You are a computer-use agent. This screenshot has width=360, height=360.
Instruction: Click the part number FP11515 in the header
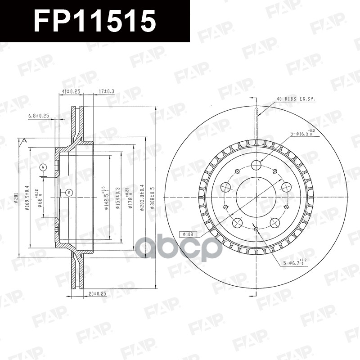[x=95, y=21]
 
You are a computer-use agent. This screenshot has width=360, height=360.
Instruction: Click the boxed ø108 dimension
[x=189, y=234]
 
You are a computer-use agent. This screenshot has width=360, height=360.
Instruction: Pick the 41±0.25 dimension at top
[x=70, y=91]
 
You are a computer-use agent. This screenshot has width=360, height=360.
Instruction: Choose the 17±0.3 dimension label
[x=106, y=91]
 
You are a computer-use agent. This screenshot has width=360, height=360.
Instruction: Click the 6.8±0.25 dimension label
[x=38, y=116]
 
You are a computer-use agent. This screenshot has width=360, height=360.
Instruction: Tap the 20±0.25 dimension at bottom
[x=97, y=294]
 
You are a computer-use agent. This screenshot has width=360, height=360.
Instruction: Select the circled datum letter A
[x=43, y=167]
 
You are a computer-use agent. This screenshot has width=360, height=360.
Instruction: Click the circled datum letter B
[x=68, y=193]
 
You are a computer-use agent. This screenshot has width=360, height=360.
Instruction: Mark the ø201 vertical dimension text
[x=16, y=197]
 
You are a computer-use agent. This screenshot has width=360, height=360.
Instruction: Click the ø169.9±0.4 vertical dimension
[x=27, y=198]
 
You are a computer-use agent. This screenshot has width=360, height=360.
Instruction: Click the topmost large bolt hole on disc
[x=256, y=165]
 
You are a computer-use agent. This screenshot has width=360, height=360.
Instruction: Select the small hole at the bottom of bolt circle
[x=256, y=229]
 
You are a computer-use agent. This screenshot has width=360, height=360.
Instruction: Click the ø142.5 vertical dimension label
[x=106, y=198]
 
